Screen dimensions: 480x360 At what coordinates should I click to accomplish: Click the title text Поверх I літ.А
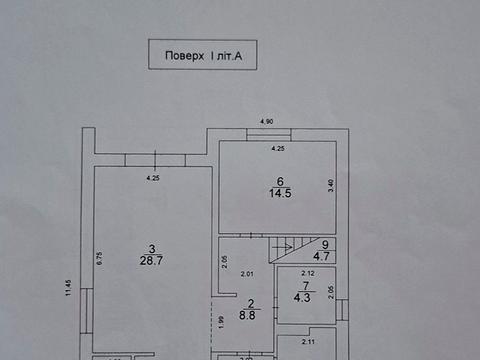point(202,58)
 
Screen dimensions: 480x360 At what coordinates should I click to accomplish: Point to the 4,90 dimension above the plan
point(266,121)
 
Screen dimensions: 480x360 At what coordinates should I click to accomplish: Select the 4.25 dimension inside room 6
point(279,149)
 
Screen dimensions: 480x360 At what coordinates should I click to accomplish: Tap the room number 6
point(279,181)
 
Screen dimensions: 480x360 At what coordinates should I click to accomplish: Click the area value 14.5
point(279,193)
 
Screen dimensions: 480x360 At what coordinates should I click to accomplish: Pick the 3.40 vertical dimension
point(331,184)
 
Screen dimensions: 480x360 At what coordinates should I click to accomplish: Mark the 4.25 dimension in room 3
point(153,179)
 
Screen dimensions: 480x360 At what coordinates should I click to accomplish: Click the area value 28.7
point(152,259)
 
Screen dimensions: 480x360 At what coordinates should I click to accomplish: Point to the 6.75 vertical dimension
point(101,255)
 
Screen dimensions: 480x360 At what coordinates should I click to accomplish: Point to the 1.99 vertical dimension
point(220,321)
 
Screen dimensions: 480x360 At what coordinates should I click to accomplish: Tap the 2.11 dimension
point(309,341)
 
